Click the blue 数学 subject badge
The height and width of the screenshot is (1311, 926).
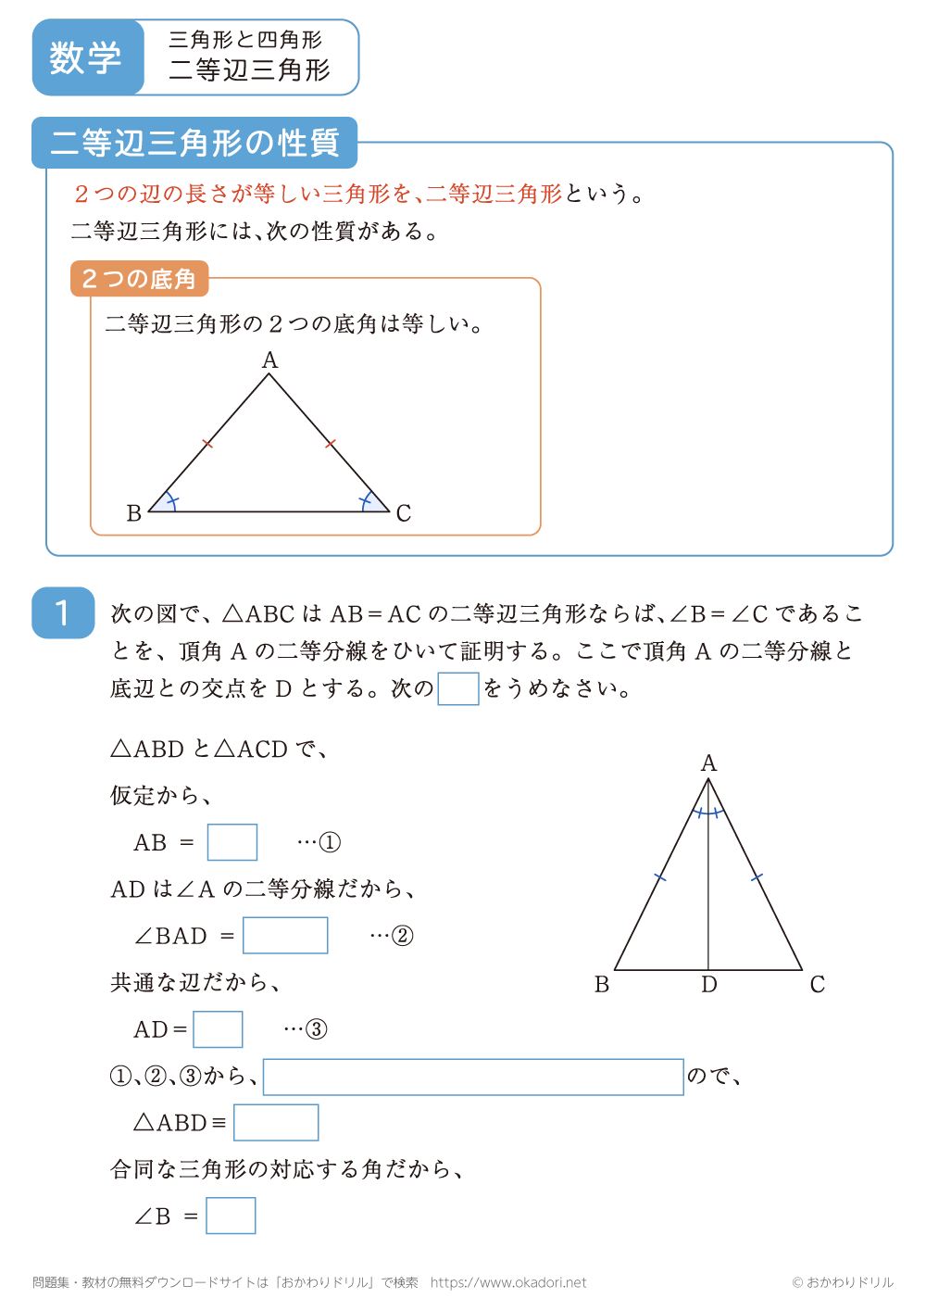point(86,57)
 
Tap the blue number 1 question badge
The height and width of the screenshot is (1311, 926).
point(63,612)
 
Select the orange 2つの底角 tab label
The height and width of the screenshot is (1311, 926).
point(139,279)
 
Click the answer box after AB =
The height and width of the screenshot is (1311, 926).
point(232,842)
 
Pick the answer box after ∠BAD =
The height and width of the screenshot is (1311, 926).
point(285,935)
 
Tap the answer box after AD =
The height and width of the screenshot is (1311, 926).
point(218,1029)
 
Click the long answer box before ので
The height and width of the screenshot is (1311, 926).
point(473,1077)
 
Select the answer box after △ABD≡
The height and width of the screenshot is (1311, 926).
point(276,1123)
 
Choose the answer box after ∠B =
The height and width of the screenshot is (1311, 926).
point(231,1216)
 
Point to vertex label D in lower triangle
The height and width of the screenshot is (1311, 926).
point(709,985)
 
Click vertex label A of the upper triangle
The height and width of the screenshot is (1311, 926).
point(269,360)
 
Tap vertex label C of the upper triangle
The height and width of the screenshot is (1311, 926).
point(404,513)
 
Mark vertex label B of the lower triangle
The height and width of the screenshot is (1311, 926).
point(602,985)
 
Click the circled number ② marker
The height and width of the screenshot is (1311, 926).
point(403,936)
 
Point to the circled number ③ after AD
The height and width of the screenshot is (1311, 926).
point(317,1029)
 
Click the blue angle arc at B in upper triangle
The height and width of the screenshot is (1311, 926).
point(168,502)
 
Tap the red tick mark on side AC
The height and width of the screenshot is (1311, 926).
point(331,444)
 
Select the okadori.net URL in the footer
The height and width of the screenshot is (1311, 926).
point(508,1282)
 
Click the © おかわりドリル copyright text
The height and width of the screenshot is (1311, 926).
point(843,1282)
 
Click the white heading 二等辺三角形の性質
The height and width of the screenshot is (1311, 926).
point(194,143)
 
